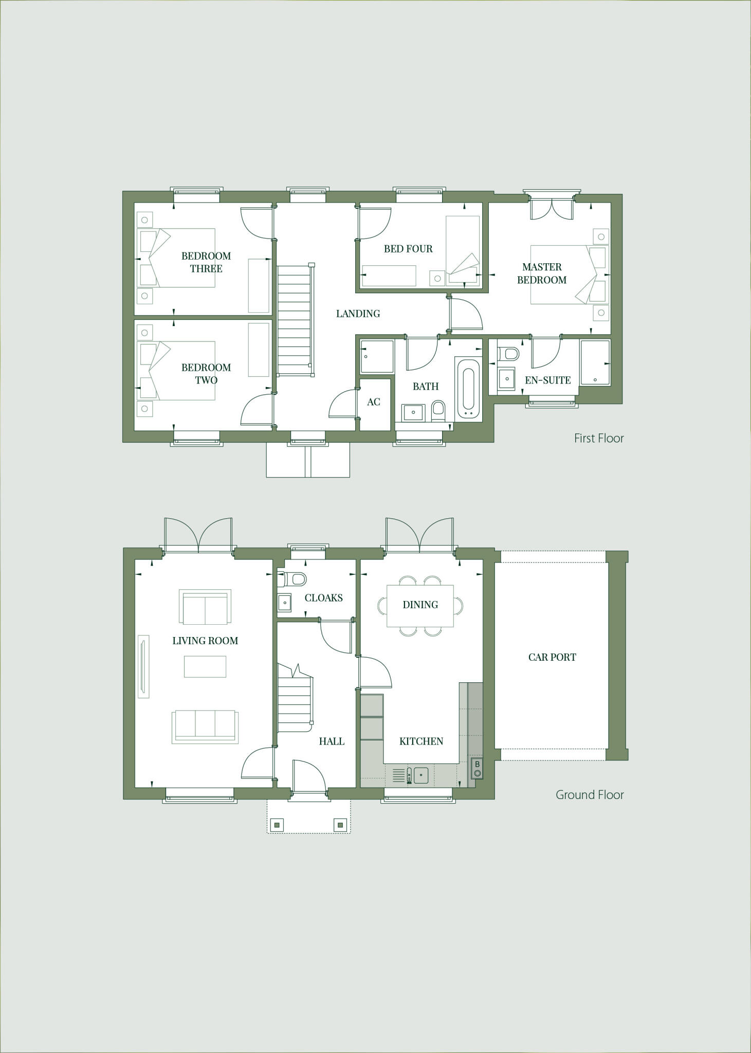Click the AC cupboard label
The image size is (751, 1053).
pos(374,402)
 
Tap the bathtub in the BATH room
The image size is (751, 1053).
pos(468,389)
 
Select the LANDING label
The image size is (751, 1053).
pos(358,314)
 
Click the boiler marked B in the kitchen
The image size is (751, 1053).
pos(477,768)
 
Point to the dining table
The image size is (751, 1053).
pos(420,605)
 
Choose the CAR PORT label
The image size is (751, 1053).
pos(552,657)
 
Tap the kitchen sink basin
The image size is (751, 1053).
pos(421,775)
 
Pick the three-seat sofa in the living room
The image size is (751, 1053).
pos(205,727)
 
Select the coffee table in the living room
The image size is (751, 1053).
pos(205,667)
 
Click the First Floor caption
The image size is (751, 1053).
pos(599,439)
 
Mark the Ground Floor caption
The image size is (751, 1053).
pos(590,795)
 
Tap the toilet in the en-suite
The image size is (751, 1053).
pos(510,353)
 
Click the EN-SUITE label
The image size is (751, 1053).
pos(547,380)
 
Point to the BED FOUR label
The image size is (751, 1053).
pos(408,249)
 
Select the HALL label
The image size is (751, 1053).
pos(332,741)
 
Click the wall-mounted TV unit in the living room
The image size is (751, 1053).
pos(143,667)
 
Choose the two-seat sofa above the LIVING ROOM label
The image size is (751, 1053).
pos(205,608)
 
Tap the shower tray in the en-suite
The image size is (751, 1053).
pos(595,362)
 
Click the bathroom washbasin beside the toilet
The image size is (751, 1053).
pos(413,412)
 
